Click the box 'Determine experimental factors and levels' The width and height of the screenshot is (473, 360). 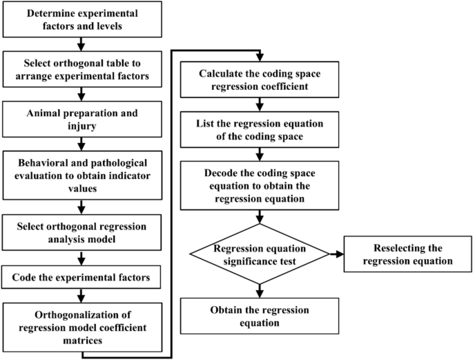82,19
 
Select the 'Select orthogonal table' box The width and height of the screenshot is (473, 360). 82,68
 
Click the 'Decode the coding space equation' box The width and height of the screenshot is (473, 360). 260,186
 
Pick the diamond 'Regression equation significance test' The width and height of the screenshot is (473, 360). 260,255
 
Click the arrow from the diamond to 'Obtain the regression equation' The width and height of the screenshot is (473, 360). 260,290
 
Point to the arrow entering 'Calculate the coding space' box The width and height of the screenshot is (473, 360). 260,57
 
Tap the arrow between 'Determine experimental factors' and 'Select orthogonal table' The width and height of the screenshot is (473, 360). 82,44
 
